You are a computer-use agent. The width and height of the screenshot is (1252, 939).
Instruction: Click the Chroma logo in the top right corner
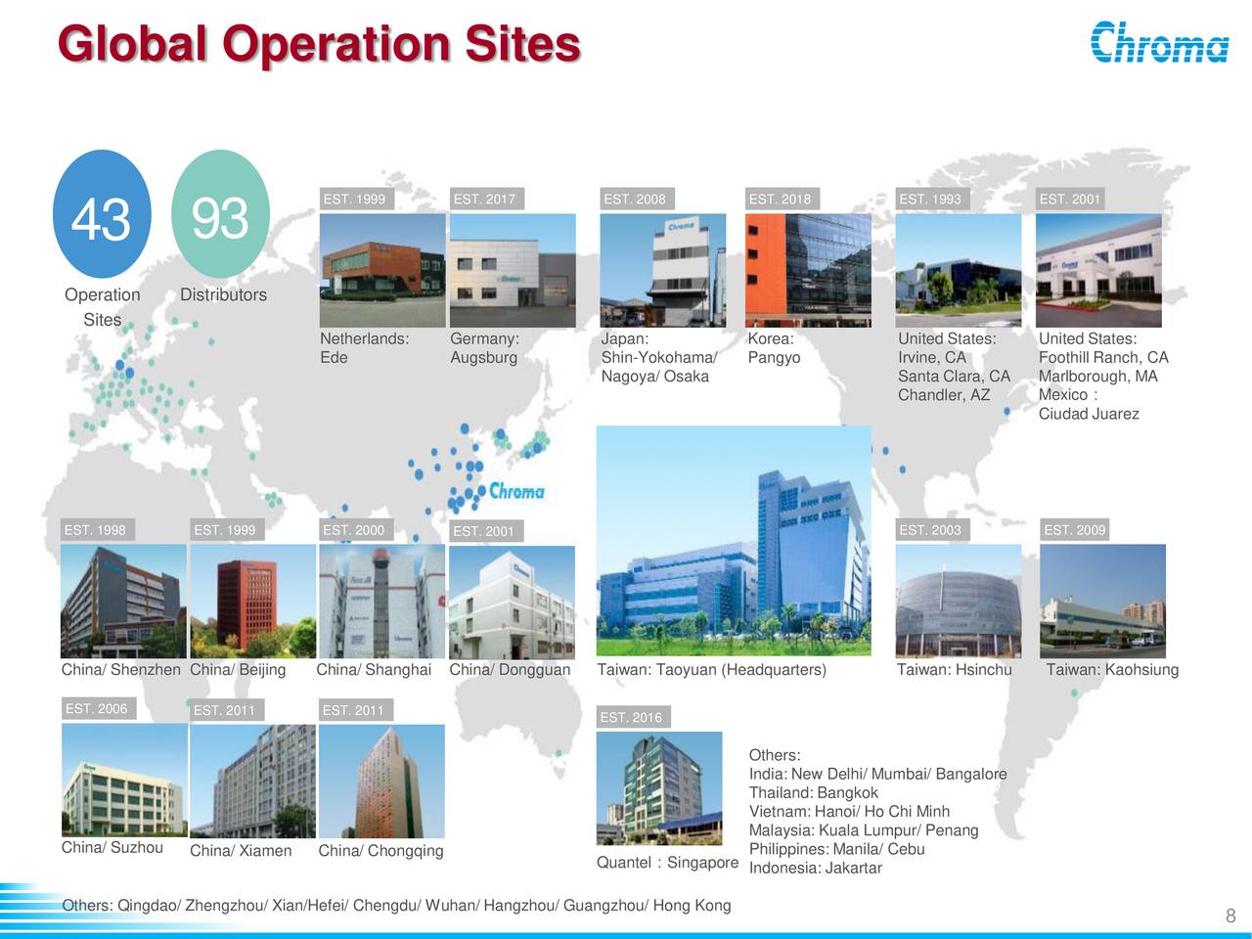(x=1159, y=42)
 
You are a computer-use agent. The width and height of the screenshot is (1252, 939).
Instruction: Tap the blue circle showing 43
(x=102, y=215)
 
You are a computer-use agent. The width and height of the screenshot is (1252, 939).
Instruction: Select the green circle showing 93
(x=220, y=215)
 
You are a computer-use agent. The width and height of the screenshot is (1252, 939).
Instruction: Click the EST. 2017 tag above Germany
(x=484, y=200)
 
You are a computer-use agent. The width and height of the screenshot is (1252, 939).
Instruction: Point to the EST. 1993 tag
(x=929, y=200)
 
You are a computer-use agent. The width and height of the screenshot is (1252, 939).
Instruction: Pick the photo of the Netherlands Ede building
(x=382, y=270)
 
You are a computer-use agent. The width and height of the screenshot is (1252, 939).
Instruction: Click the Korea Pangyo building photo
(x=808, y=270)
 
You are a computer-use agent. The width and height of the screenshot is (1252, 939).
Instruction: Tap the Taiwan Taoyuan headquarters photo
(x=734, y=541)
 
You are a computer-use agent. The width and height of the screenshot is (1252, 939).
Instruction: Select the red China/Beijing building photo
(x=252, y=601)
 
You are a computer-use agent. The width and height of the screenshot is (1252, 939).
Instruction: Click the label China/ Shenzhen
(x=120, y=670)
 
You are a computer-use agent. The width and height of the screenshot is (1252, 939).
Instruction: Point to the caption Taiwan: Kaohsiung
(x=1112, y=670)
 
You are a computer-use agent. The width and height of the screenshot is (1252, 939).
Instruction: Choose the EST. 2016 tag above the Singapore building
(x=631, y=718)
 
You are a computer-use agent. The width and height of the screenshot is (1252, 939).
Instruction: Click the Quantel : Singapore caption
(x=667, y=863)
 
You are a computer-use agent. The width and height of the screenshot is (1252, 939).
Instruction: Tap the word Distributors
(x=223, y=295)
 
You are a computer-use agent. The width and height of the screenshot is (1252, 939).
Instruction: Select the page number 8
(x=1230, y=917)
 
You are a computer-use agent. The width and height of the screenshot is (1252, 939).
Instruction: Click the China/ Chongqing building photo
(x=381, y=781)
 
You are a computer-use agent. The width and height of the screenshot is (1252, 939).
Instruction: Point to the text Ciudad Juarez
(x=1089, y=414)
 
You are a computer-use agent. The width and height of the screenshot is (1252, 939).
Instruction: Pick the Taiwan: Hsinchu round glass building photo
(x=959, y=601)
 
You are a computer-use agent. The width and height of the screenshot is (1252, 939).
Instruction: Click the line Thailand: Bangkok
(x=813, y=793)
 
